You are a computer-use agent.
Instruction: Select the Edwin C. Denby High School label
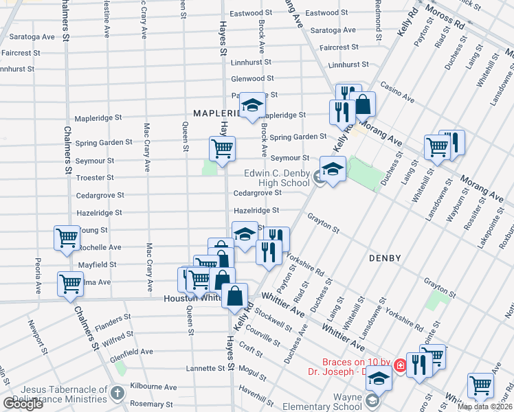point(276,179)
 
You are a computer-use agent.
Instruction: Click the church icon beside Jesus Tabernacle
point(117,394)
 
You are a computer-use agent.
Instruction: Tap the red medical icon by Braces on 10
point(400,367)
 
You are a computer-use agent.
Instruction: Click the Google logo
point(23,404)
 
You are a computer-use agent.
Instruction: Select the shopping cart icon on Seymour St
point(222,148)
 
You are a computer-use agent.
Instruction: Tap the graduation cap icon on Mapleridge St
point(252,104)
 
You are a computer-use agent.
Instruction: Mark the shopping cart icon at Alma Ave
point(71,284)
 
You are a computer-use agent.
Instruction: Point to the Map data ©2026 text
point(484,407)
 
